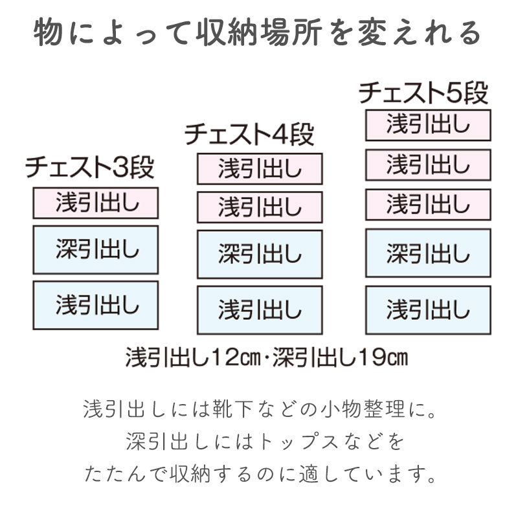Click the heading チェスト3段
click(89, 167)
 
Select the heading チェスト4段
click(249, 135)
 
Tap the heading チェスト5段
click(423, 93)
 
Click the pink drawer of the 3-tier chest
click(95, 203)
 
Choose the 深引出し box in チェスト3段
click(95, 250)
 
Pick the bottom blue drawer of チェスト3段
click(95, 305)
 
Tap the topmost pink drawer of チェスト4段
click(260, 169)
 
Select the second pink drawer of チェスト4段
click(260, 207)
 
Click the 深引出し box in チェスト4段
click(260, 254)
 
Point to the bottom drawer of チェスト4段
click(260, 310)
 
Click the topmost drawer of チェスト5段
click(428, 125)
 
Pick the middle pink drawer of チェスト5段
click(428, 165)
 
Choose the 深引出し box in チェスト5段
click(428, 253)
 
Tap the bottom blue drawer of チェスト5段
click(428, 310)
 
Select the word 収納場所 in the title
click(259, 34)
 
